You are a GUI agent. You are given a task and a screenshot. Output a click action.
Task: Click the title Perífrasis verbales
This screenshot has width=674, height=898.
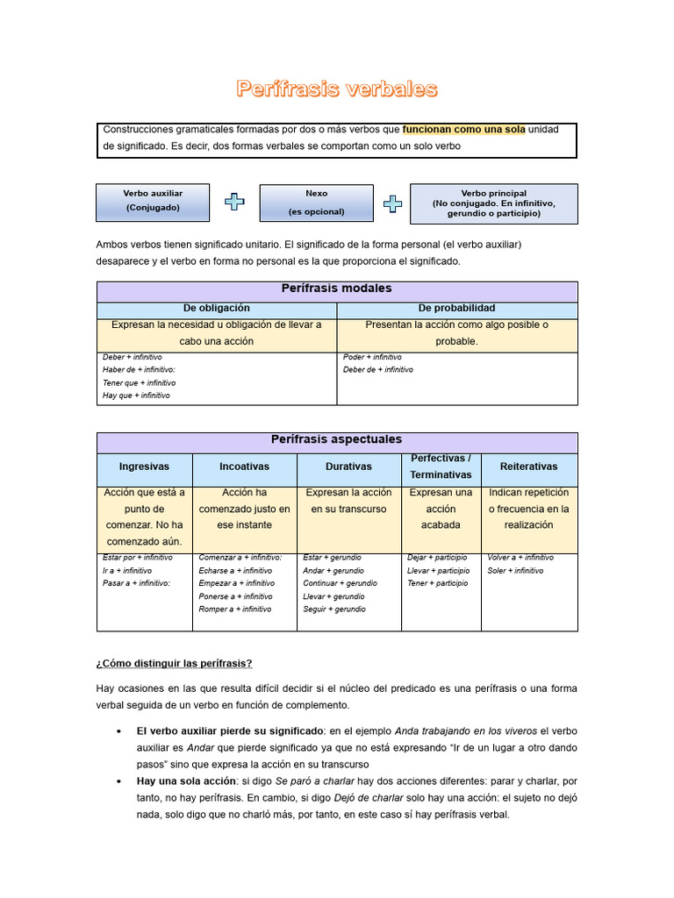(336, 89)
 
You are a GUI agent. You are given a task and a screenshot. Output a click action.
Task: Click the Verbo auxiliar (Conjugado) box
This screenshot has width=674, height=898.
(153, 202)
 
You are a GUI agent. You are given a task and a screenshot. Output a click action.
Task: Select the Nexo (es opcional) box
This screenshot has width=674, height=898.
(316, 203)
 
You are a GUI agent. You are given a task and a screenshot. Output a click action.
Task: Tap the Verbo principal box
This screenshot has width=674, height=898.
(493, 203)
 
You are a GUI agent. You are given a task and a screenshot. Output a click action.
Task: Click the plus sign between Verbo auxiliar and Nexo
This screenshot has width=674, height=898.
(234, 203)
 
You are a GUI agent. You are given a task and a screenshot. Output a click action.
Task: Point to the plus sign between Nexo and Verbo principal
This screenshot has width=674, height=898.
(393, 203)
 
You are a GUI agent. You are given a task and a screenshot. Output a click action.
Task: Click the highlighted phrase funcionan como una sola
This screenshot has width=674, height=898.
(463, 130)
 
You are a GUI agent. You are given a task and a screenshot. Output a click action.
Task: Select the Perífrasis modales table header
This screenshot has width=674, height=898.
(336, 289)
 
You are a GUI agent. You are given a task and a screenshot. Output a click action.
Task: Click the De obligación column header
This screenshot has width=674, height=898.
(216, 309)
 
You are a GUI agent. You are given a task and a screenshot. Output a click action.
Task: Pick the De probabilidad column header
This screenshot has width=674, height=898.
(456, 309)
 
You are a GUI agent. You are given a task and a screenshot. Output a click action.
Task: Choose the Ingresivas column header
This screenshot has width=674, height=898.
(144, 467)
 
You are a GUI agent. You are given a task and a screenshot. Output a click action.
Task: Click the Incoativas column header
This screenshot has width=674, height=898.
(244, 467)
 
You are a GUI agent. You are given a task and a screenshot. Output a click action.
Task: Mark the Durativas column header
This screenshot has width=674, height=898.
(348, 467)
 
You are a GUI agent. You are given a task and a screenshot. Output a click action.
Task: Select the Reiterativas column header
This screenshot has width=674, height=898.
(528, 467)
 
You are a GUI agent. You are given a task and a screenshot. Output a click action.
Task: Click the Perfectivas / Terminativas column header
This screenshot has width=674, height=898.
(441, 467)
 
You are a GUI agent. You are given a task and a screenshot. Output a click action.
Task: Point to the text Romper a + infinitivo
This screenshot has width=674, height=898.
(235, 609)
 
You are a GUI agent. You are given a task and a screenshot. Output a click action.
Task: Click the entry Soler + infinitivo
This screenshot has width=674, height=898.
(515, 571)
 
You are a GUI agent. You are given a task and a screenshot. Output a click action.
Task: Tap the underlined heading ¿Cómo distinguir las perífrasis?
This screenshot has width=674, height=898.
(174, 663)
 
